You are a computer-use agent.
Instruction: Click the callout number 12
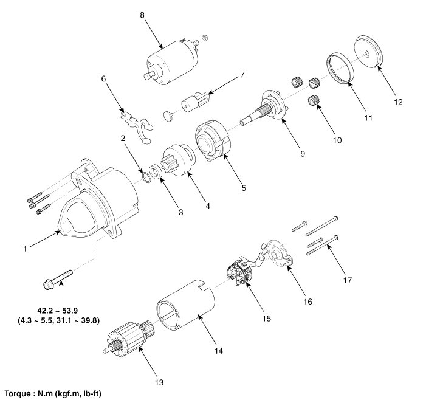pos(399,102)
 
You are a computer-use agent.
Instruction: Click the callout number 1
pos(24,248)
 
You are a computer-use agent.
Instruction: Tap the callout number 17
pos(347,280)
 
